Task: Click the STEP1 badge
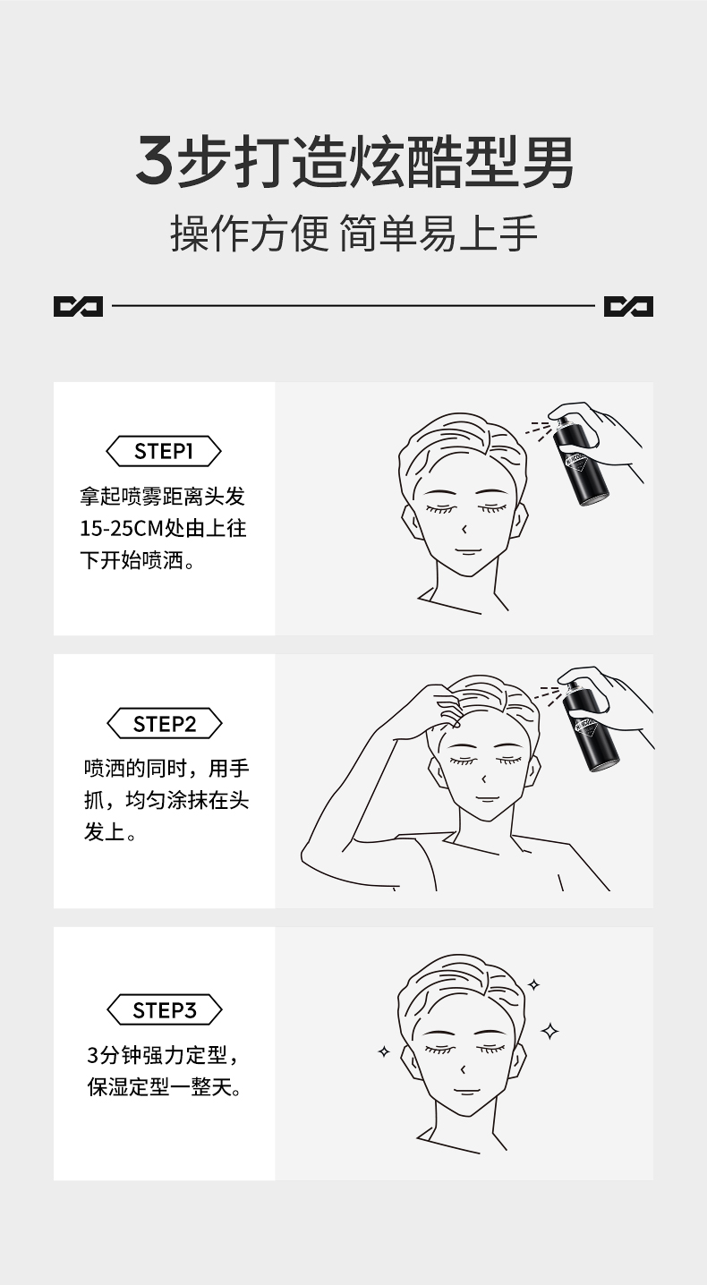tap(164, 451)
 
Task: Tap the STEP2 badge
tap(164, 724)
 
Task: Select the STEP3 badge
tap(164, 1010)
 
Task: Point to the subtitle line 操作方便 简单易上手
tap(353, 234)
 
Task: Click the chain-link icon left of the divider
tap(78, 307)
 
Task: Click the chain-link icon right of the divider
tap(628, 307)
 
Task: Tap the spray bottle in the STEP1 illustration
tap(583, 462)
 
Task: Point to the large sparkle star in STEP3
tap(550, 1032)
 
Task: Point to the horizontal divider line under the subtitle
tap(353, 307)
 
